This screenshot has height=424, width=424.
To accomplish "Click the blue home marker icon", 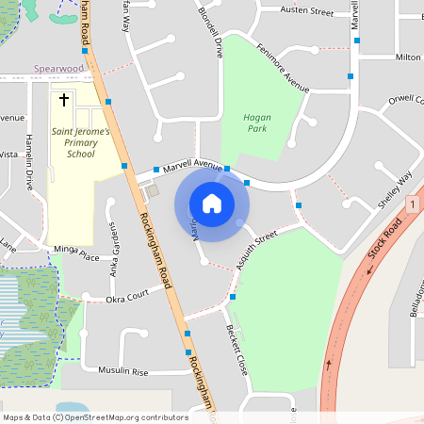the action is tap(212, 203).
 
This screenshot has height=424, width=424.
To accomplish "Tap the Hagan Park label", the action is tap(257, 122).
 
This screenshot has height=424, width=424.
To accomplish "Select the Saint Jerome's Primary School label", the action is tap(80, 142).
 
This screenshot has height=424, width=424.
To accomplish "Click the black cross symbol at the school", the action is tap(65, 99).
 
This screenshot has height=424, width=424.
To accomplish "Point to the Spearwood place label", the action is tap(58, 69).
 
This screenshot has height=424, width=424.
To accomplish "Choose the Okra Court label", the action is tap(126, 296).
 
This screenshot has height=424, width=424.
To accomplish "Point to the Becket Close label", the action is tap(236, 348).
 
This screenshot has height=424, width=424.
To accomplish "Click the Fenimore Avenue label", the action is tap(279, 70).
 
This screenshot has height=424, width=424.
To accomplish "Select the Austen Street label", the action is tap(307, 12).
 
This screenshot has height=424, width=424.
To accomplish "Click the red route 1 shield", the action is tap(413, 204).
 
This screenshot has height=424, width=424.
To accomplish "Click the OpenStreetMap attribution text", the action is tap(94, 416).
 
